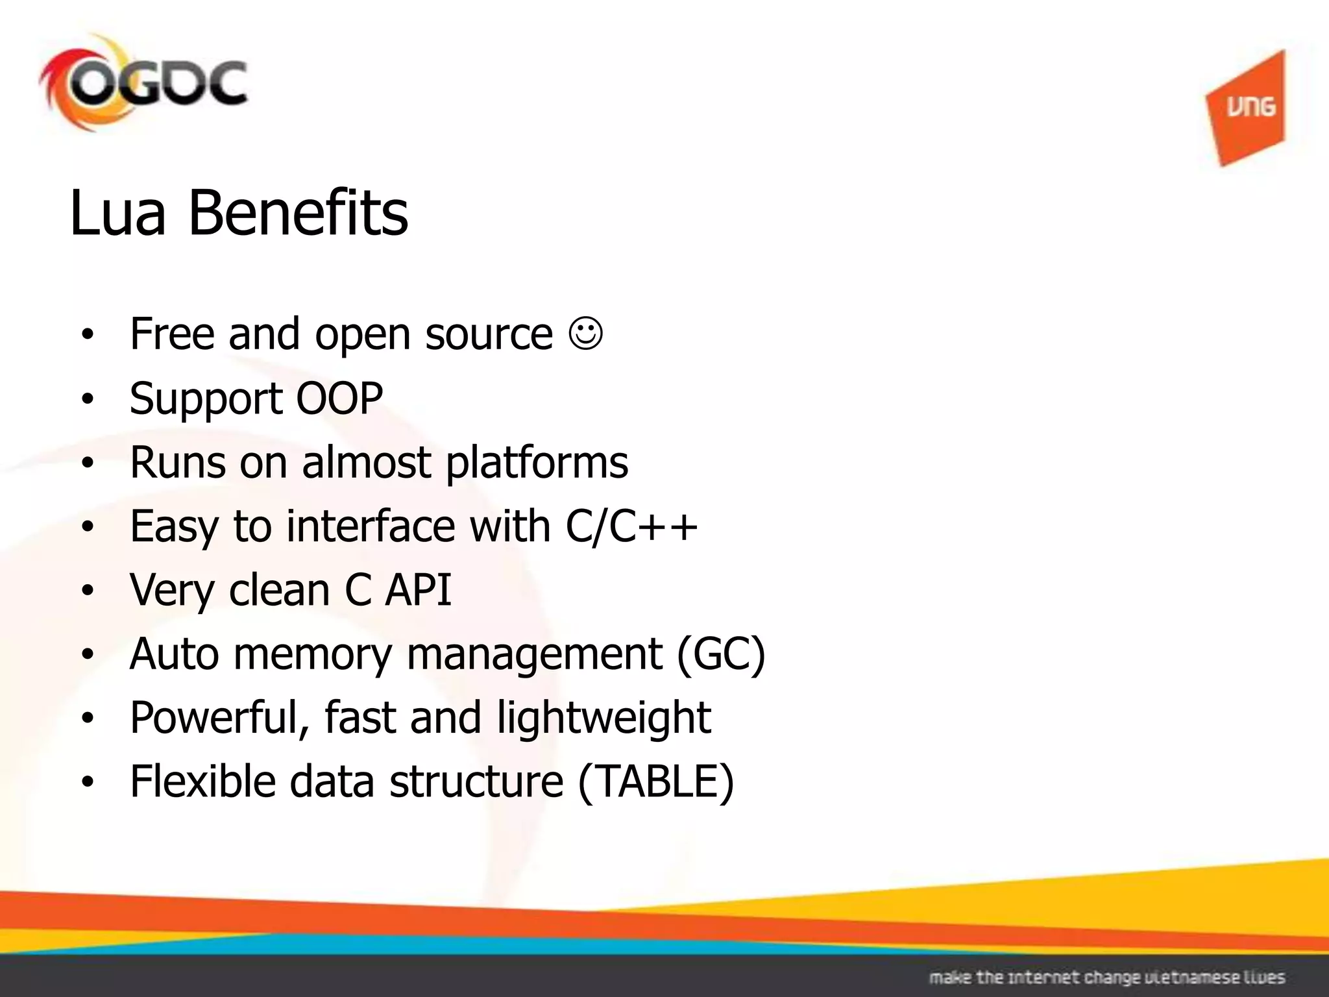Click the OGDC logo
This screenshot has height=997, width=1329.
[x=143, y=84]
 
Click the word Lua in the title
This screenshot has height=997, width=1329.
[x=117, y=213]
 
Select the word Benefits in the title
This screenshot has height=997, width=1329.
[x=298, y=213]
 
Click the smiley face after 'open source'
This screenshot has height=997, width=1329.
[x=586, y=334]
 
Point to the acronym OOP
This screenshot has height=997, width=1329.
[x=339, y=398]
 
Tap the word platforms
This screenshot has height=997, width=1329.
[x=537, y=463]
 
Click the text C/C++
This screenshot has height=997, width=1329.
[x=631, y=526]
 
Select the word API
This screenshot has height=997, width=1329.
[x=418, y=589]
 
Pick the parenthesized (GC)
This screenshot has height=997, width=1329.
[x=721, y=654]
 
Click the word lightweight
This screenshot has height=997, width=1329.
[x=604, y=718]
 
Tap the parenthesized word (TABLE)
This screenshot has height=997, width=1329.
[x=656, y=782]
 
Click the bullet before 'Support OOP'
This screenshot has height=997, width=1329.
[x=88, y=399]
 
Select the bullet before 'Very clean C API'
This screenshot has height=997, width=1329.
[x=88, y=591]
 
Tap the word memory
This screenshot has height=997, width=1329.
[x=312, y=655]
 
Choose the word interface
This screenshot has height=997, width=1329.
[x=371, y=526]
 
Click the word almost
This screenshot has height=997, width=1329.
[x=366, y=462]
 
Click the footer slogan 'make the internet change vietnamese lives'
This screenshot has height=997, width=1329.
[x=1107, y=978]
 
